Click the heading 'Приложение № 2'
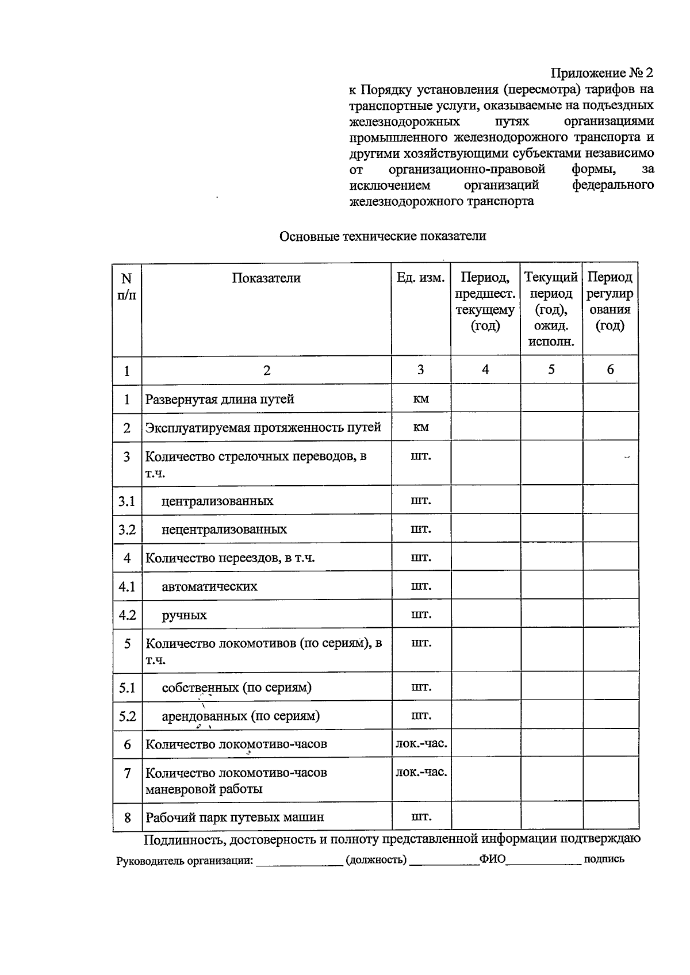point(601,73)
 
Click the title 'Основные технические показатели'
point(382,236)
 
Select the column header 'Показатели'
point(266,278)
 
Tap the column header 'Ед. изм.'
point(420,278)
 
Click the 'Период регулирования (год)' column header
point(609,302)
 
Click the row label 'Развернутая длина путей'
point(220,399)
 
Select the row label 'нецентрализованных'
point(224,529)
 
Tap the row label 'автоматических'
point(209,586)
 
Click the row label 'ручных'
point(184,615)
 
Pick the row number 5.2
point(127,716)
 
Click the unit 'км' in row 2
point(421,428)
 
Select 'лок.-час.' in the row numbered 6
point(421,744)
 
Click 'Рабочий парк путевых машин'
point(235,817)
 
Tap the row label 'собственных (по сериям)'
point(236,688)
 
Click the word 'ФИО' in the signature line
point(492,859)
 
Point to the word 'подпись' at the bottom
point(604,859)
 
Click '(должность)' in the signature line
point(376,860)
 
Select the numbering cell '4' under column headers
point(485,370)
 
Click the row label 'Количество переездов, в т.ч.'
point(230,558)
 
